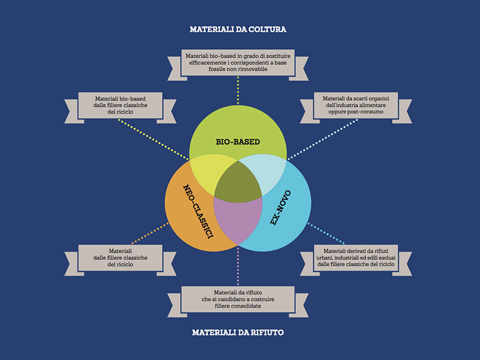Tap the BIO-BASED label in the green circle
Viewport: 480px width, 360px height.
238,142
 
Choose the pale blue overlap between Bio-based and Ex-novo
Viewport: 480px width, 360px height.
264,174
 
